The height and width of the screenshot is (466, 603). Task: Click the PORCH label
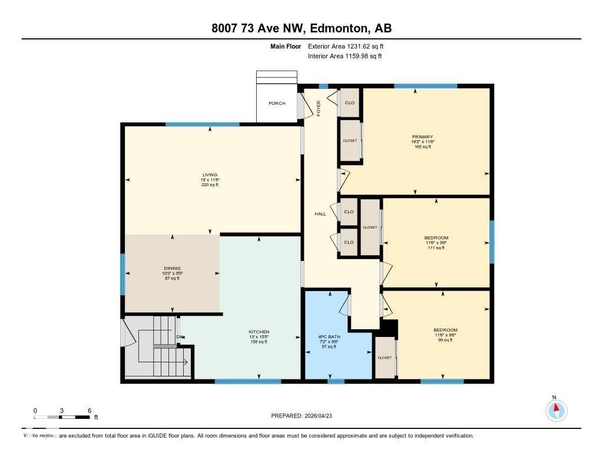pos(277,104)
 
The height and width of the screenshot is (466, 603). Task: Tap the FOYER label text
pos(319,108)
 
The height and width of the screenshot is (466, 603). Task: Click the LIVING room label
pos(210,175)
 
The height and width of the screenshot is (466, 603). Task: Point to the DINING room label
pos(172,268)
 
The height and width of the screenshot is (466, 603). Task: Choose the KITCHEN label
pos(259,332)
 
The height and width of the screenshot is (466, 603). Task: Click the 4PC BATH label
pos(329,337)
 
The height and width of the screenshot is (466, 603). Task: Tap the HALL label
pos(320,214)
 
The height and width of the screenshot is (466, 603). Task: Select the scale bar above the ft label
pos(62,417)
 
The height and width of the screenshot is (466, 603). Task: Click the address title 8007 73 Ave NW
pos(301,28)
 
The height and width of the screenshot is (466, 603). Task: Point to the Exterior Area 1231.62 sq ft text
pos(346,46)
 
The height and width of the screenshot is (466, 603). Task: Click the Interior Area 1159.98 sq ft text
pos(344,57)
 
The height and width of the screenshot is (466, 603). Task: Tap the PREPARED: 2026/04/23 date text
pos(305,416)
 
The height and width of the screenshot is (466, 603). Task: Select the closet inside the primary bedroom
pos(350,141)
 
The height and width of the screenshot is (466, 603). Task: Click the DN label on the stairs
pos(180,337)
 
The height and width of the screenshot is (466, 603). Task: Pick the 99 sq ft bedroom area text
pos(445,340)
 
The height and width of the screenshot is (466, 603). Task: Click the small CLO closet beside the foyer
pos(350,103)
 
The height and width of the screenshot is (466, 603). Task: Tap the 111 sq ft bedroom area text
pos(436,248)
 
